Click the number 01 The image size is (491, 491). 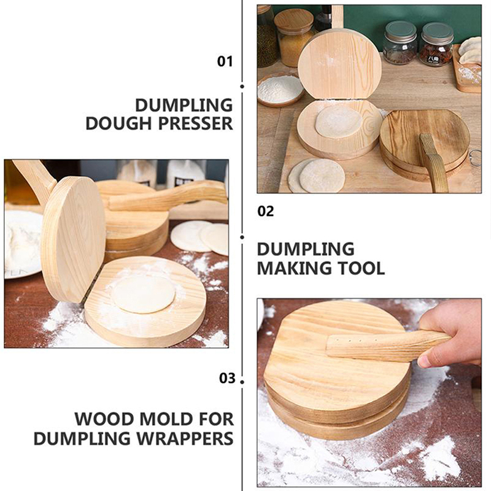click(x=225, y=61)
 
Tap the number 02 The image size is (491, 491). click(x=266, y=211)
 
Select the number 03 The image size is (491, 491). click(x=227, y=378)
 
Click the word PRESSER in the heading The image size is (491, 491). click(x=196, y=123)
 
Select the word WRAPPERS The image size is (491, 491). click(x=185, y=438)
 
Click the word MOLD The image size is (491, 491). click(x=166, y=419)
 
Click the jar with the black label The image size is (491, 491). click(x=436, y=44)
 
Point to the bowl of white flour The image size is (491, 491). click(x=280, y=90)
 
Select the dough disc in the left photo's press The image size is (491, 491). click(x=144, y=295)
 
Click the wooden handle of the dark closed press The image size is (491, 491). click(x=433, y=162)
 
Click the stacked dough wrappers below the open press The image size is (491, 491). click(x=316, y=176)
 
